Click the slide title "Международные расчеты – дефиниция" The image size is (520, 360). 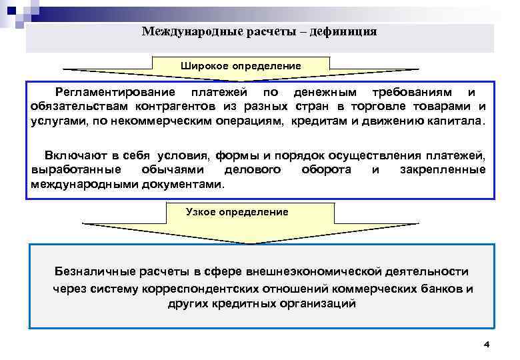(259, 31)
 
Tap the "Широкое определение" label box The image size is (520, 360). (241, 66)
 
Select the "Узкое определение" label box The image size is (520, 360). (237, 212)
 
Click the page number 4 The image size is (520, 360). (487, 344)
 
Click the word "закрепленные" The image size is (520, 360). (443, 169)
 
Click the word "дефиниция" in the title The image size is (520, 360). (344, 31)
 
